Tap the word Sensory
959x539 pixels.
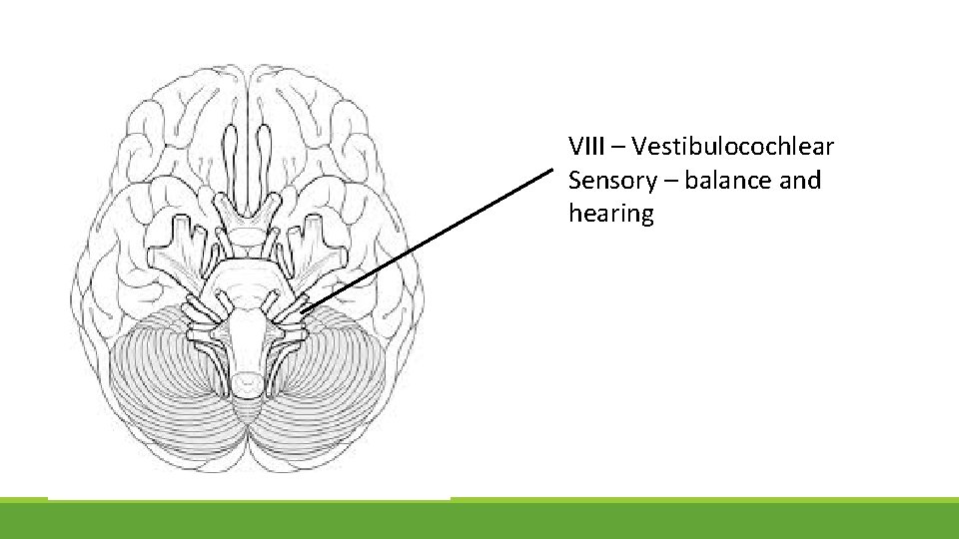click(x=611, y=181)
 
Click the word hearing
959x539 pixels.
click(x=610, y=214)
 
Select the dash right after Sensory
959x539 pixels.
click(x=668, y=181)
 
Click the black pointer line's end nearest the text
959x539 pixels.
click(x=550, y=172)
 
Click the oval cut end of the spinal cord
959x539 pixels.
click(x=247, y=381)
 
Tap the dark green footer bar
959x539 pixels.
click(x=479, y=520)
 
